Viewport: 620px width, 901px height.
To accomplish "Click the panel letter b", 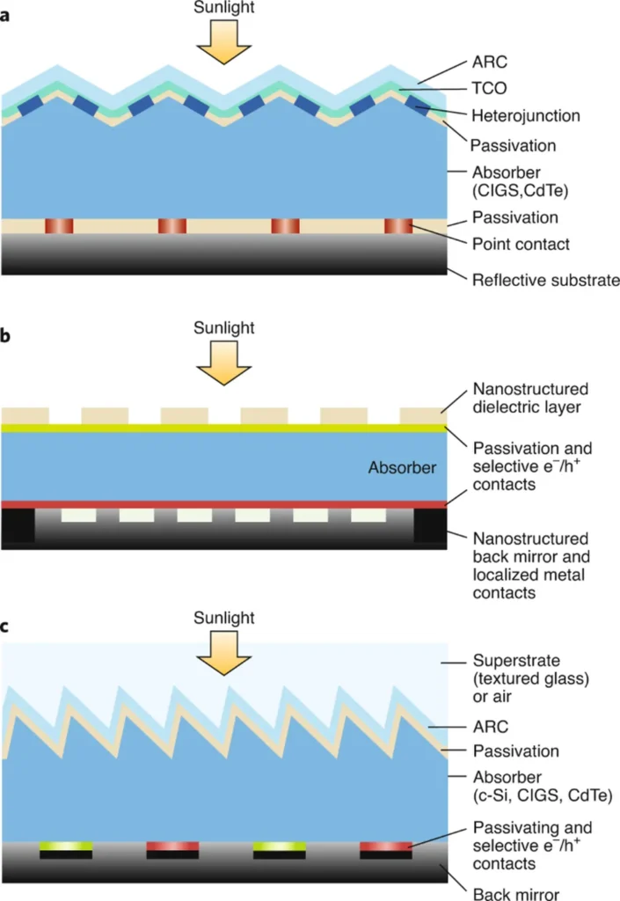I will tap(7, 336).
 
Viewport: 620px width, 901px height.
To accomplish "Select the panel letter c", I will tap(6, 627).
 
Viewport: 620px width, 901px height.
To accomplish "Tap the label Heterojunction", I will tap(526, 115).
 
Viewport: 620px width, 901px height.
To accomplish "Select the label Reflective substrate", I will tap(546, 281).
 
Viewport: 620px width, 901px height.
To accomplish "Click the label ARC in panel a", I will tap(489, 63).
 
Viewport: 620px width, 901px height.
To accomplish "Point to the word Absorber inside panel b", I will tap(402, 468).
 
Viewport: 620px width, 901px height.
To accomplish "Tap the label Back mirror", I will tap(516, 893).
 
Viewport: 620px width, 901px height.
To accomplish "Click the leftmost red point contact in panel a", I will tap(59, 226).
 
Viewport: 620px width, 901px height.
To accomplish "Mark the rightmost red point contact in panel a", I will tap(398, 226).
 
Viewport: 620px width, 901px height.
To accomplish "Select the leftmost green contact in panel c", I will tap(66, 846).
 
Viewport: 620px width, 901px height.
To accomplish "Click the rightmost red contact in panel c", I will tap(386, 846).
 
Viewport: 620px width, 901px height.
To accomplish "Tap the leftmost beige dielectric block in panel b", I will tap(25, 414).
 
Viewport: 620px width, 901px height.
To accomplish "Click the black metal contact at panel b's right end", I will tap(430, 525).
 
